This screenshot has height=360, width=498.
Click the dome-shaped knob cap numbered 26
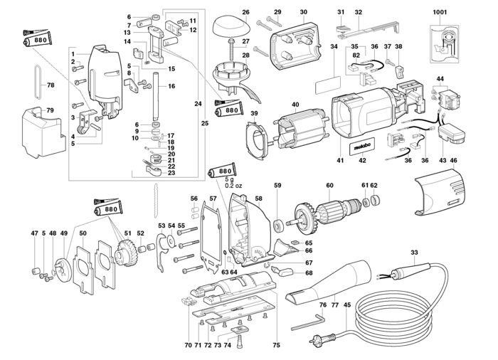point(231,27)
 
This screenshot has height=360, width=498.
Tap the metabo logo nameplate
point(363,147)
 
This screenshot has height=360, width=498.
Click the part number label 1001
point(440,12)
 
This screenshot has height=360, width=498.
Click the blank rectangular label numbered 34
point(328,85)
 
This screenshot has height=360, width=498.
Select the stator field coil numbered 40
point(300,128)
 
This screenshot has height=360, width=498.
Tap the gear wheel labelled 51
point(127,253)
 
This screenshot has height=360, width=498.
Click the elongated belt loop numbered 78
point(37,83)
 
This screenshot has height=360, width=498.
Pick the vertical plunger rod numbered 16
point(156,97)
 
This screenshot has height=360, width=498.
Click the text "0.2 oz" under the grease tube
point(233,186)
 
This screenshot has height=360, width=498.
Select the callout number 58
point(258,198)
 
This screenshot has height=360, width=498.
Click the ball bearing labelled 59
point(280,226)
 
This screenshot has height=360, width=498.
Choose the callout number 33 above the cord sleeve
point(414,253)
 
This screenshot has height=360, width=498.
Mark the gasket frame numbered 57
point(211,238)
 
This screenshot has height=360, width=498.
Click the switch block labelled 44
point(447,99)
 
